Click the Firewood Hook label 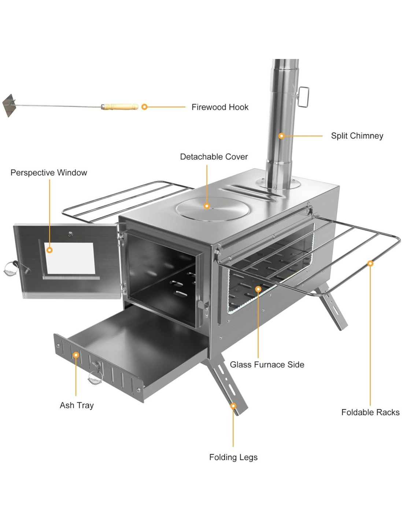[220, 107]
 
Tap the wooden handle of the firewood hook [120, 107]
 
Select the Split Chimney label [357, 136]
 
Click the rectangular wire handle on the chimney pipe [303, 97]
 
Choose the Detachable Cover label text [214, 157]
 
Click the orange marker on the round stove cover [207, 206]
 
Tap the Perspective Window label [49, 173]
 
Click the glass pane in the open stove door [70, 259]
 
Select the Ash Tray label [77, 405]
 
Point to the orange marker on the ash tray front [76, 355]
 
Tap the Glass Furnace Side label [267, 365]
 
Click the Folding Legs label [233, 457]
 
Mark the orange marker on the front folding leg [233, 406]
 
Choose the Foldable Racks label [370, 412]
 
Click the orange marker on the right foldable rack [370, 263]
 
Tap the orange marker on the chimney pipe [281, 136]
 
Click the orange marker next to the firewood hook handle [144, 107]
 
